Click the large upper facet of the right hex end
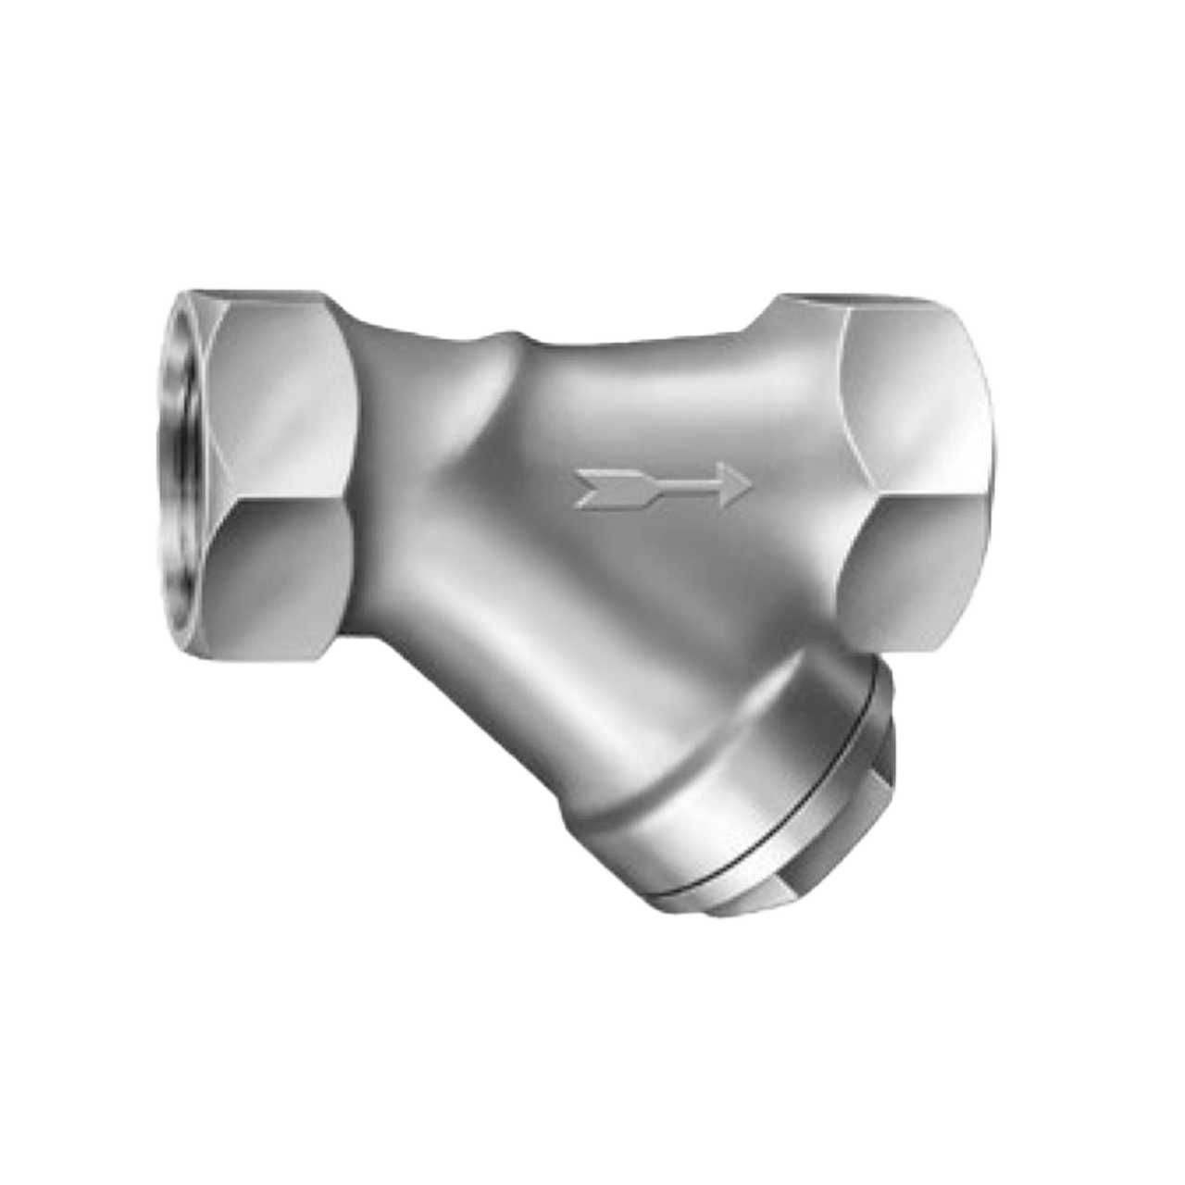pyautogui.click(x=917, y=398)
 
